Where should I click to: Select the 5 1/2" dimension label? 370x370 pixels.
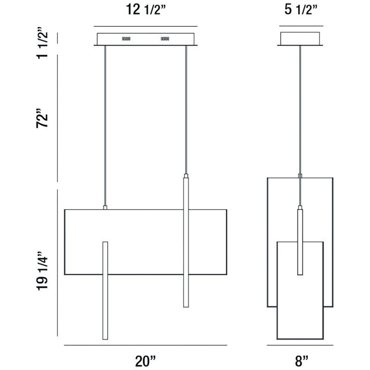click(301, 10)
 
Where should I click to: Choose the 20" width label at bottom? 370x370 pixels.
click(145, 361)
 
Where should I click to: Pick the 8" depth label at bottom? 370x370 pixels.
click(302, 361)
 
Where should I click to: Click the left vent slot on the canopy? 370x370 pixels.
click(126, 39)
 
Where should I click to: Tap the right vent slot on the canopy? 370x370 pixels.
click(165, 39)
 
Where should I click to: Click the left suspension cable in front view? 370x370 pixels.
click(105, 125)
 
